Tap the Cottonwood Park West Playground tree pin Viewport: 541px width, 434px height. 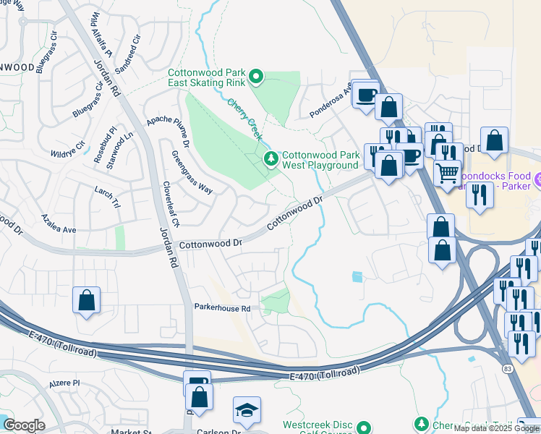click(x=271, y=158)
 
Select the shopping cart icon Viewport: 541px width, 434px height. click(x=448, y=173)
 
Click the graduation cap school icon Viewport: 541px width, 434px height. click(x=247, y=409)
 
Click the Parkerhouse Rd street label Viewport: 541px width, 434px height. click(x=222, y=307)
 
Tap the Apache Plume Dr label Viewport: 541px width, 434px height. click(x=168, y=128)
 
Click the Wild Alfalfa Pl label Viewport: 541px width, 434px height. click(x=101, y=41)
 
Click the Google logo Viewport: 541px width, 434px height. click(x=23, y=425)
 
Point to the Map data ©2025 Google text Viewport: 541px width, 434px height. click(x=496, y=428)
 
